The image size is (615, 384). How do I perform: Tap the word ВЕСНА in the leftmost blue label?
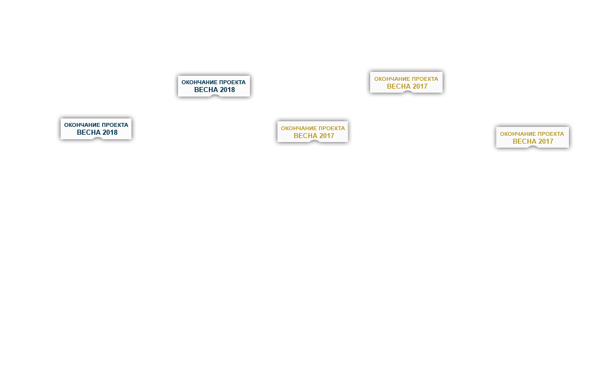pos(88,132)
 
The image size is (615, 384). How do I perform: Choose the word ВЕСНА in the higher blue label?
pos(206,90)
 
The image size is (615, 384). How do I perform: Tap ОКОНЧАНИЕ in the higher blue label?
pos(198,83)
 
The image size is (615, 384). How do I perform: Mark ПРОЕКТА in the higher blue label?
pos(231,83)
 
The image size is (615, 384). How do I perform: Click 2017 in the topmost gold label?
pos(420,86)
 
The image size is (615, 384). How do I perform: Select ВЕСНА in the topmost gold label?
pos(398,86)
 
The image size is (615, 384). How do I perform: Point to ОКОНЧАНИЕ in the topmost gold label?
pos(391,79)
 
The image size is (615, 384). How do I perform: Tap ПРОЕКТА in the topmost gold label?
pos(424,79)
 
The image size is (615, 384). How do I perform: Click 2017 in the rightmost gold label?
pos(545,141)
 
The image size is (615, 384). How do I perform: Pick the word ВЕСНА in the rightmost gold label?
pos(524,141)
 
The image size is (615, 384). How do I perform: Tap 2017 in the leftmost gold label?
pos(326,136)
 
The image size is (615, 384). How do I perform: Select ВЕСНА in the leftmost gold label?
pos(305,136)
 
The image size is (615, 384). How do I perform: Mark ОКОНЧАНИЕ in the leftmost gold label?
pos(298,128)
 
